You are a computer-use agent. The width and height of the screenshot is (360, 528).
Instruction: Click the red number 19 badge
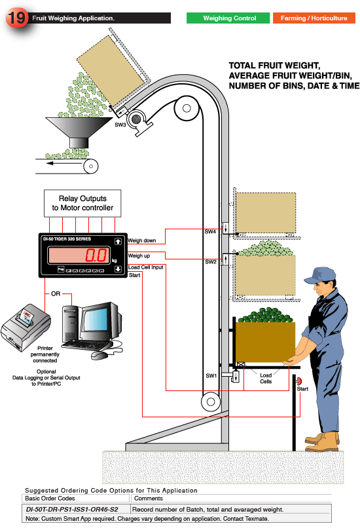(16, 18)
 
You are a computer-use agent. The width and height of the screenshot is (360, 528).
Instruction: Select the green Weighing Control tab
(229, 18)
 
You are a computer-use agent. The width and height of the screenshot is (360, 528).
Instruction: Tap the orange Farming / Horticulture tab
(314, 18)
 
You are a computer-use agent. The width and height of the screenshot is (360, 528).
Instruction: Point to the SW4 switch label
(210, 231)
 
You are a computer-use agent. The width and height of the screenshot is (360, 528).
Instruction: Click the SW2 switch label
(210, 261)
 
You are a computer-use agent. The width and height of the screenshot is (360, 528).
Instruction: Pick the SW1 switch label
(210, 375)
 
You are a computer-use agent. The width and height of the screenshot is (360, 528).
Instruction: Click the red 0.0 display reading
(98, 255)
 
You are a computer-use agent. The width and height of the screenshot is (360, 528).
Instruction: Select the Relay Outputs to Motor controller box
(82, 203)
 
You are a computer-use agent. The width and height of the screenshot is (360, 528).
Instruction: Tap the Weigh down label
(142, 240)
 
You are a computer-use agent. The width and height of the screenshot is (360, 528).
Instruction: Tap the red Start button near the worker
(300, 381)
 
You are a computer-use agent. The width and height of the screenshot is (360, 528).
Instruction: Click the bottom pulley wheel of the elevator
(209, 401)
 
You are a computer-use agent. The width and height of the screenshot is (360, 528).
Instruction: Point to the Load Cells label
(266, 379)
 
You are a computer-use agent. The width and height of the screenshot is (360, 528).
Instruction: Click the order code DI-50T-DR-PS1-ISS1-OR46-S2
(75, 508)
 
